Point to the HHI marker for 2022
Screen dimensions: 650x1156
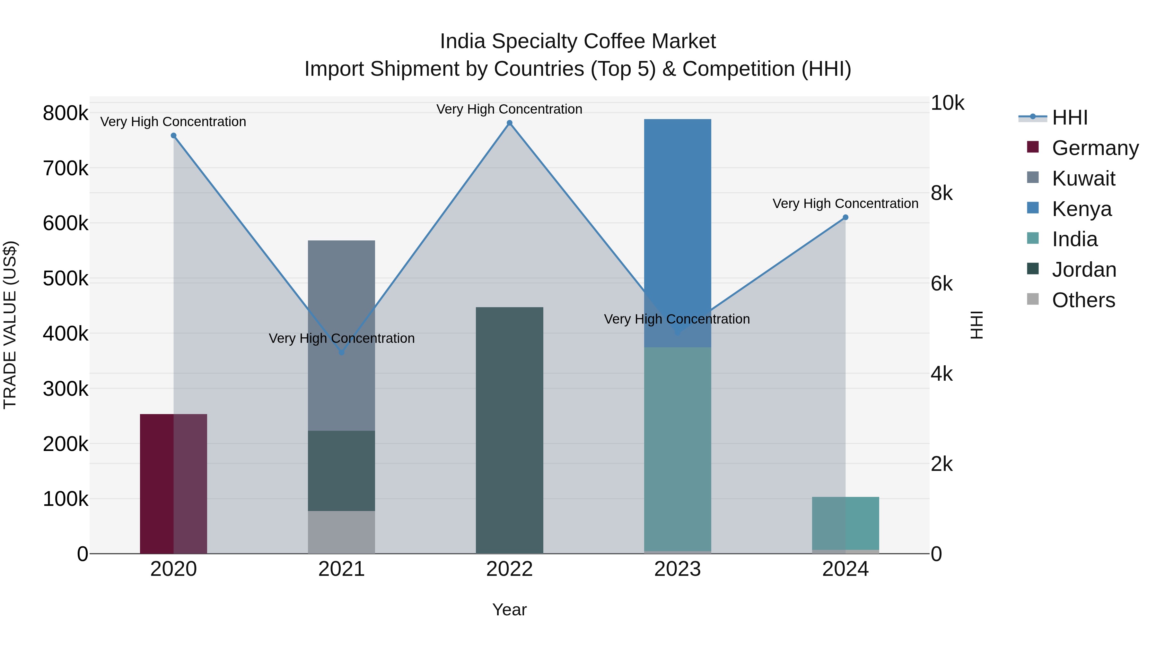click(x=509, y=123)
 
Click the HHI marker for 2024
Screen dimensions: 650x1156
click(x=845, y=217)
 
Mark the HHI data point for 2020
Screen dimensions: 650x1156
click(x=174, y=135)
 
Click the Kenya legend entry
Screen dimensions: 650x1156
click(x=1081, y=209)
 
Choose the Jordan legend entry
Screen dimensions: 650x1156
click(x=1083, y=270)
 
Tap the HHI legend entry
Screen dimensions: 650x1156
click(x=1069, y=117)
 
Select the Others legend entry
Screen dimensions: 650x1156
click(x=1083, y=300)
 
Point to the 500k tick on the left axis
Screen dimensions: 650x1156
click(x=66, y=279)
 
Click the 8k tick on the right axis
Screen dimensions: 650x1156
click(x=941, y=193)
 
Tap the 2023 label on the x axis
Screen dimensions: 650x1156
click(x=677, y=569)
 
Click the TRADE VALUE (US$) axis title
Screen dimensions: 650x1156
click(x=10, y=325)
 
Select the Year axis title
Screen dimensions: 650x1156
click(x=509, y=610)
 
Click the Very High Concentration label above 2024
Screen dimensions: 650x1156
click(x=845, y=204)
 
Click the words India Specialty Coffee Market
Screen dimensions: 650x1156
click(x=578, y=41)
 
